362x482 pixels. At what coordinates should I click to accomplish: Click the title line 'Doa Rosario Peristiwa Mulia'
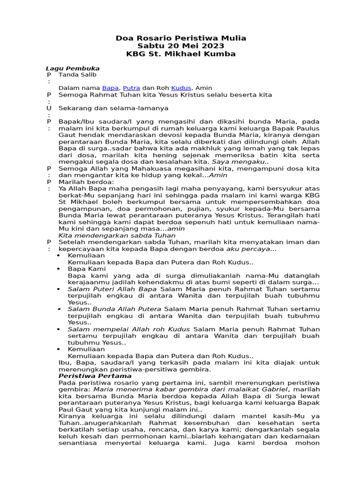[181, 38]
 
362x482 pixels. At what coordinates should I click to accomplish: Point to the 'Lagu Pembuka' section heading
[72, 68]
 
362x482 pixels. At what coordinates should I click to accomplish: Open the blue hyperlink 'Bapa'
[110, 88]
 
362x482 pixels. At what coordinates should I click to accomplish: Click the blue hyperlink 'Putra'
[131, 88]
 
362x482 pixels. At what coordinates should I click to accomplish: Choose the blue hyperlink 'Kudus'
[181, 88]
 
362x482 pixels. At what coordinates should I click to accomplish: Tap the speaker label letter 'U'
[48, 108]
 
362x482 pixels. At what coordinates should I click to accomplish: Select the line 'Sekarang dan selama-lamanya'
[113, 108]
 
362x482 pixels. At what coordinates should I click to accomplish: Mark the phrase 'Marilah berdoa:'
[86, 182]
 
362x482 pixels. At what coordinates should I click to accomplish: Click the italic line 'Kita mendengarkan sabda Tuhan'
[116, 235]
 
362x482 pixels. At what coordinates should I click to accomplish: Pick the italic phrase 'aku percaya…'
[252, 249]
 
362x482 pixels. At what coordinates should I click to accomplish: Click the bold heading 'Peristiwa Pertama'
[95, 376]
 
